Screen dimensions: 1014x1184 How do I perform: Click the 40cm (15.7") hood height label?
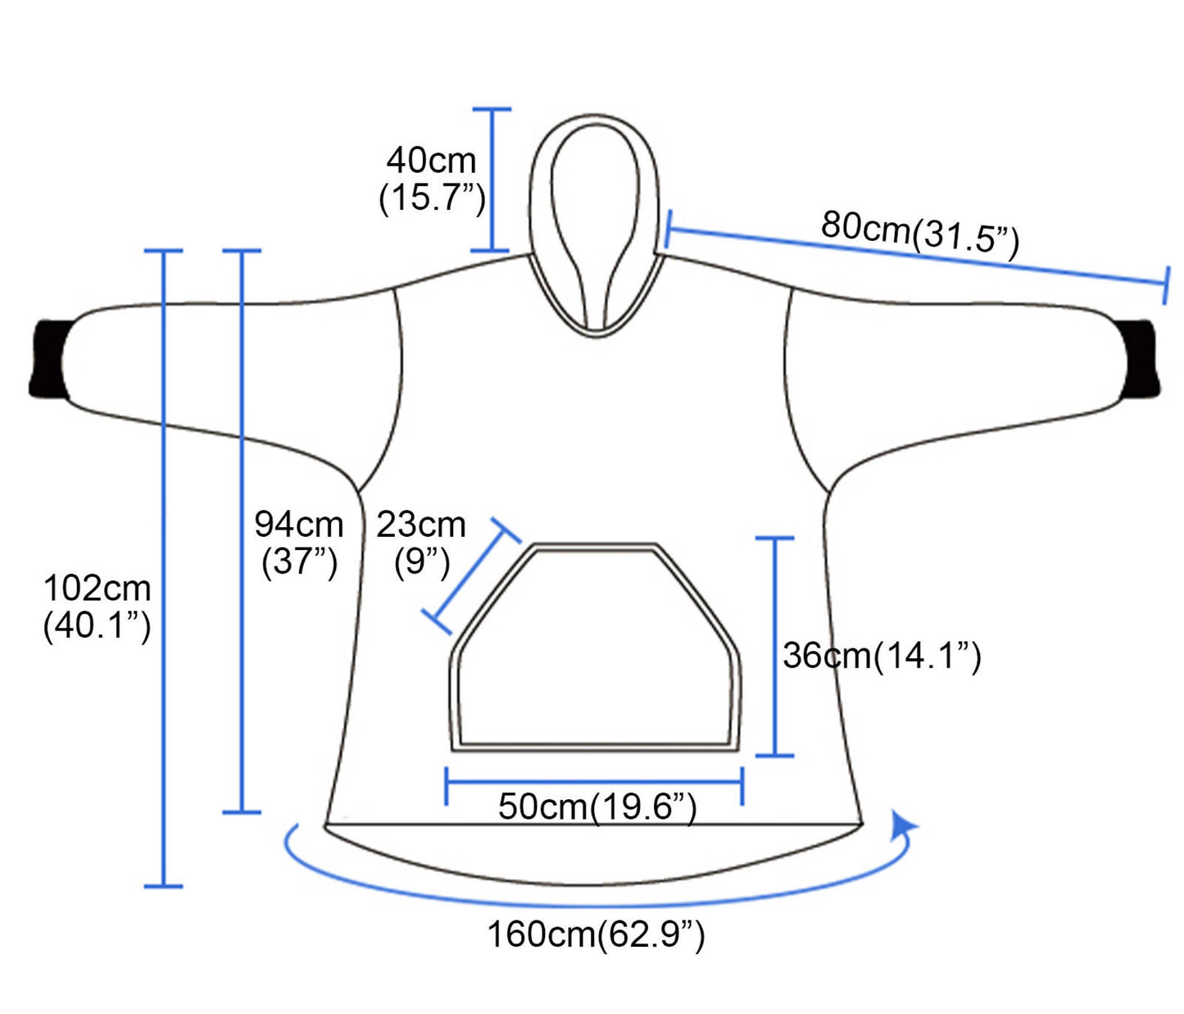(x=432, y=179)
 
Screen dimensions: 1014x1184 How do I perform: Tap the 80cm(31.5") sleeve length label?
(x=919, y=234)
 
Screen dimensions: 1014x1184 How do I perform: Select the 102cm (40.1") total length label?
(x=97, y=607)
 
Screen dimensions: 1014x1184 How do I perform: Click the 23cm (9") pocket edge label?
(x=421, y=543)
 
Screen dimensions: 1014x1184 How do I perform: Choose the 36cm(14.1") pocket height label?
(x=882, y=656)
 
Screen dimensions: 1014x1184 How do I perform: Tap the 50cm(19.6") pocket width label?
(x=597, y=807)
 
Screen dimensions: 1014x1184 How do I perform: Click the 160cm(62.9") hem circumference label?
(x=596, y=934)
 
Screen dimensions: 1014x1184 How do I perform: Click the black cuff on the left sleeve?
(x=48, y=359)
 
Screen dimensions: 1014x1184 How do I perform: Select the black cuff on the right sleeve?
(x=1141, y=359)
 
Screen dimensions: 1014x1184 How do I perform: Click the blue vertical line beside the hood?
(x=492, y=180)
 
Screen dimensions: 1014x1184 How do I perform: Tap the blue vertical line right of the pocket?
(x=774, y=648)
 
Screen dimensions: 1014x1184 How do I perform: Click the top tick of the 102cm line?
(x=163, y=251)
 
